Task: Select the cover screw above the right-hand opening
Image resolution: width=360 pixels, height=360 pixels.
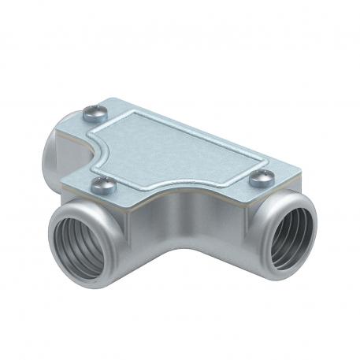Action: click(x=262, y=178)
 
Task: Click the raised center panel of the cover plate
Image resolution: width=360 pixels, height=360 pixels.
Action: click(x=189, y=150)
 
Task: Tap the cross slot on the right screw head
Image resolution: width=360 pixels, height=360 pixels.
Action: click(x=262, y=177)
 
